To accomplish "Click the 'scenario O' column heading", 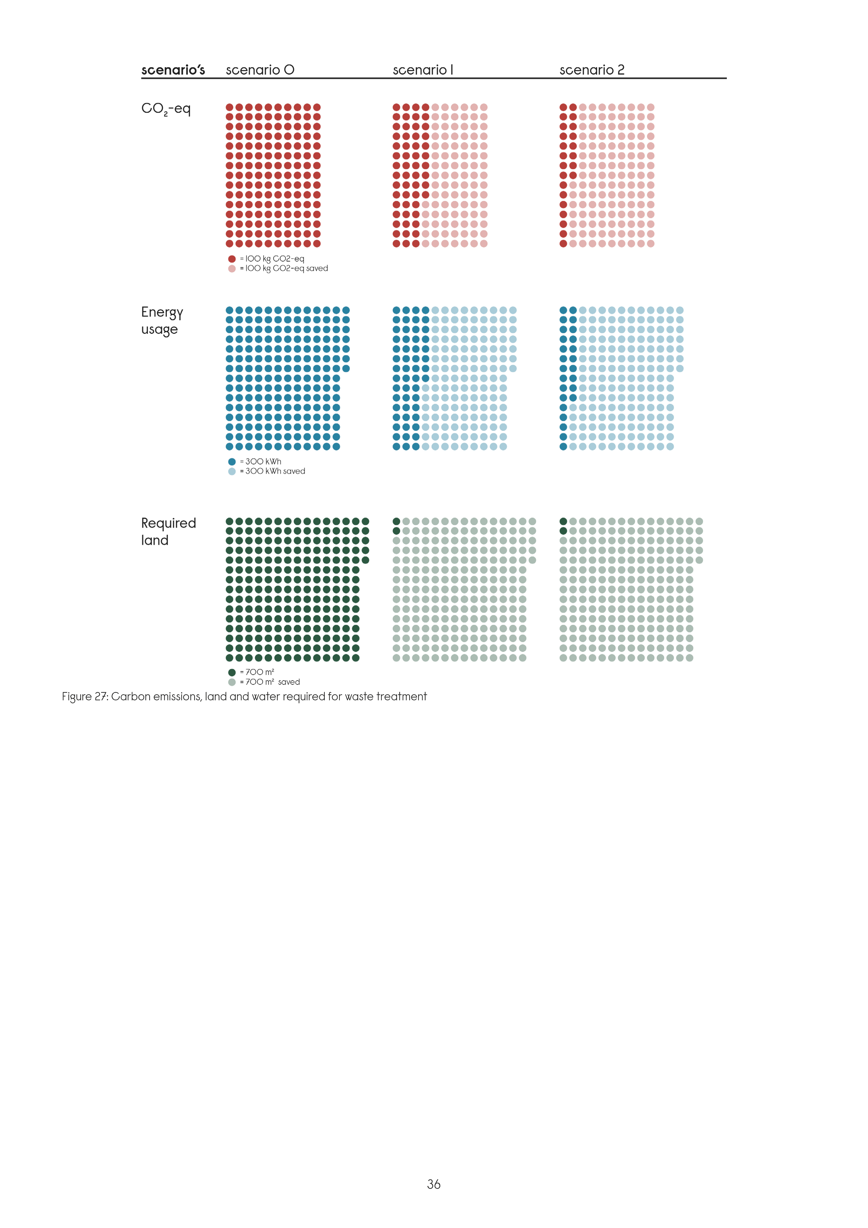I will coord(260,70).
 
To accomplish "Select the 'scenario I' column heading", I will coord(422,70).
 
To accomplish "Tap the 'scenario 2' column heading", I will coord(592,70).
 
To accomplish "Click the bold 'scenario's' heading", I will coord(173,70).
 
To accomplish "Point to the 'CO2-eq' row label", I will coord(166,109).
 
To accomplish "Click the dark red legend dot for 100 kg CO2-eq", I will coord(231,259).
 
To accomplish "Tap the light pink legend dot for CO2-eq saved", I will coord(231,268).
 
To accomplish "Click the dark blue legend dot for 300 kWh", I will coord(231,461).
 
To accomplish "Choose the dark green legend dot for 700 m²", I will coord(231,672).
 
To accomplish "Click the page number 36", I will coord(434,1184).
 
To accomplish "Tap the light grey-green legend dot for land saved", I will coord(231,682).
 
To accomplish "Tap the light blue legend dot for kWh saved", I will coord(231,471).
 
